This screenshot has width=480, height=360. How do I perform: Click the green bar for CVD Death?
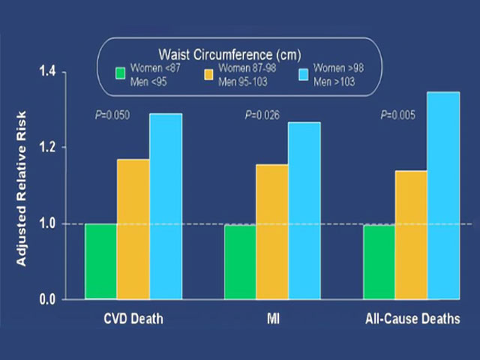(x=101, y=261)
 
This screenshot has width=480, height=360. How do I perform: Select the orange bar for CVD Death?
(x=133, y=229)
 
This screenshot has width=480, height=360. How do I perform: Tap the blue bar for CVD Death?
(x=166, y=206)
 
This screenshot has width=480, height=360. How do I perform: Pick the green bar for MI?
(x=240, y=261)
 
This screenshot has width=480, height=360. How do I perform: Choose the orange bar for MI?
(x=272, y=232)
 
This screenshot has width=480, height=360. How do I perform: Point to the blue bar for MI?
(x=304, y=211)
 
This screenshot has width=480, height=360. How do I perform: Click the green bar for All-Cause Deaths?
(x=379, y=261)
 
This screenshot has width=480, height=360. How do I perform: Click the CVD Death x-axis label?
(x=133, y=319)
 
